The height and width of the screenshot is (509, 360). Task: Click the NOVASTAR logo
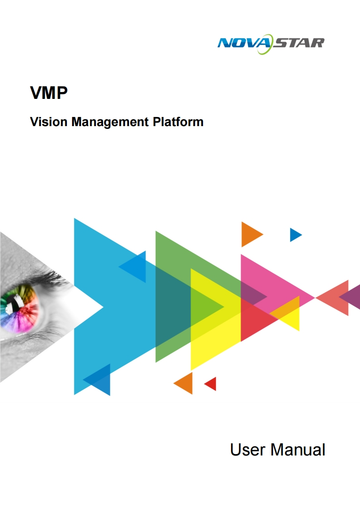[x=271, y=43]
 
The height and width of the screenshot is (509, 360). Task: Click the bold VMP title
[x=49, y=93]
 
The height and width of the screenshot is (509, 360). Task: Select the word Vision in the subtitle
[x=48, y=122]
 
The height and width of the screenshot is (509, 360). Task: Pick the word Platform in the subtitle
[x=178, y=122]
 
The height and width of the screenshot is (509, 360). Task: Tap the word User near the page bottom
[x=248, y=450]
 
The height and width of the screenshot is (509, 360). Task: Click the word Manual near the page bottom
[x=298, y=450]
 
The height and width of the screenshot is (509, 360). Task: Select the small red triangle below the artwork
[x=211, y=384]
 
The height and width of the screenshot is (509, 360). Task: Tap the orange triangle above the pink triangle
[x=250, y=234]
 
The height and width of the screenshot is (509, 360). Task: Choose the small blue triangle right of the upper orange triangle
[x=295, y=235]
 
